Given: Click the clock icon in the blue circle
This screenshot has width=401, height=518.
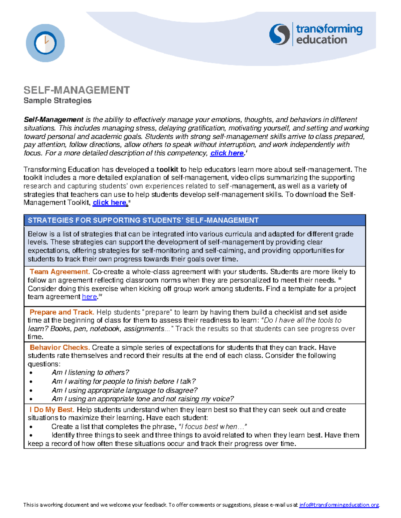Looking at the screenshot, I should tap(45, 43).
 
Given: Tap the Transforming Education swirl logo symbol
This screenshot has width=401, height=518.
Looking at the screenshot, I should tap(279, 34).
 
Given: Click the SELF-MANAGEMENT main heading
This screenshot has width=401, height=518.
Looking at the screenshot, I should tap(77, 90).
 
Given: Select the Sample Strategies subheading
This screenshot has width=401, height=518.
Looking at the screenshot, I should tap(57, 101).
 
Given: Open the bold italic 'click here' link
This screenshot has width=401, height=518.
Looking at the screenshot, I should tap(227, 153).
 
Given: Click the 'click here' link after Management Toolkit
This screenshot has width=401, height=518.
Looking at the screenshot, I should tap(110, 203).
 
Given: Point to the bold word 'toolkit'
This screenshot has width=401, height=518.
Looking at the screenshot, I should tap(167, 169).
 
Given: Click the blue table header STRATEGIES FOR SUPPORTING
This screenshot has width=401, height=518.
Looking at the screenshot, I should tap(143, 220).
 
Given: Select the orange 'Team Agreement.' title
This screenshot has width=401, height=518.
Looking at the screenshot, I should tap(60, 272).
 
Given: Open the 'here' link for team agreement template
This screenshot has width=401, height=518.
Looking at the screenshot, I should tap(90, 297).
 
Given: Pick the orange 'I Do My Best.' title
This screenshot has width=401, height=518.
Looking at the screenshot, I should tap(52, 410).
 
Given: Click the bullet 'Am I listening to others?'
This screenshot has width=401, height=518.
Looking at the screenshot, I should tap(90, 373).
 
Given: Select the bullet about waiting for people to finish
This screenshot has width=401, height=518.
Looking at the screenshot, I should tap(124, 381).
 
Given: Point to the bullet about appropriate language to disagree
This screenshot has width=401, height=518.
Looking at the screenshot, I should tap(124, 390).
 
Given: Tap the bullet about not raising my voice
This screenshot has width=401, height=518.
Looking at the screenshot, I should tap(143, 399).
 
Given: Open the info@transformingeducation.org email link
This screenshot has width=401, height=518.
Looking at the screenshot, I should tap(339, 505).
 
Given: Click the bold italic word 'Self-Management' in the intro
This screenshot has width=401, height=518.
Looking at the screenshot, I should tap(53, 120).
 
